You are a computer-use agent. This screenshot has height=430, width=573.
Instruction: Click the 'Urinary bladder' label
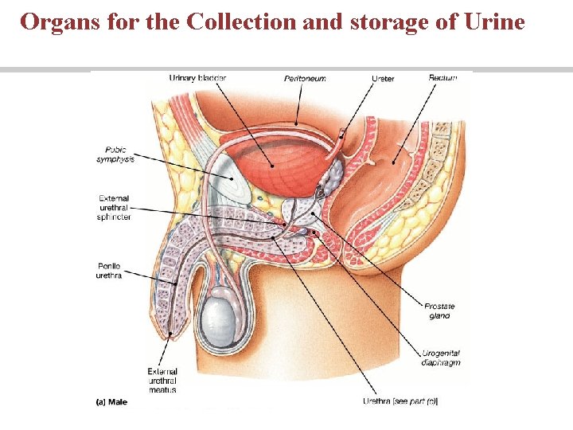click(197, 78)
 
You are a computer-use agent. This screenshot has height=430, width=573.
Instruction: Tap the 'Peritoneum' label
click(305, 78)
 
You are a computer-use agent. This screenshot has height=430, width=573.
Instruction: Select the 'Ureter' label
click(383, 78)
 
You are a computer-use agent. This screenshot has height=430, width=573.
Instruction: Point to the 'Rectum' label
click(442, 78)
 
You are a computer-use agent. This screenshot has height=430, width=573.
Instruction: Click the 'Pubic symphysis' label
click(115, 154)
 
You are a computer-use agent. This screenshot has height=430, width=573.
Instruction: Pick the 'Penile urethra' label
click(111, 271)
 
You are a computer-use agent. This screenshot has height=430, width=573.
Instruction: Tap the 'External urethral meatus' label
click(162, 380)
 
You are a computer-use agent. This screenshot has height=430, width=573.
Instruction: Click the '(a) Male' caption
click(111, 401)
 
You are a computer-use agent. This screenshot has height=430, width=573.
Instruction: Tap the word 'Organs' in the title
click(60, 21)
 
